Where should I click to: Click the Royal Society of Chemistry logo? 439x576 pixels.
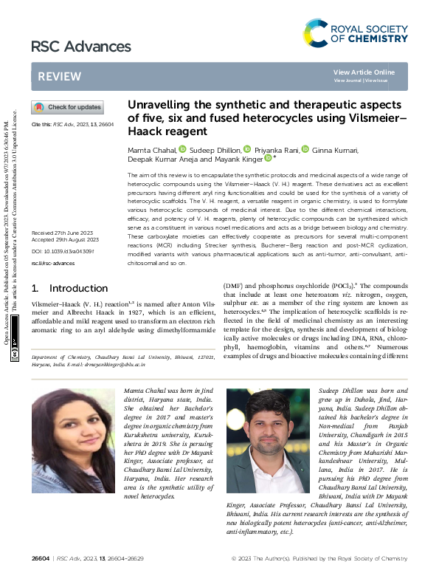[355, 33]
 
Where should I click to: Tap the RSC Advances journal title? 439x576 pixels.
[81, 47]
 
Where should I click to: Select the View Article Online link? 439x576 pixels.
[364, 72]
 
